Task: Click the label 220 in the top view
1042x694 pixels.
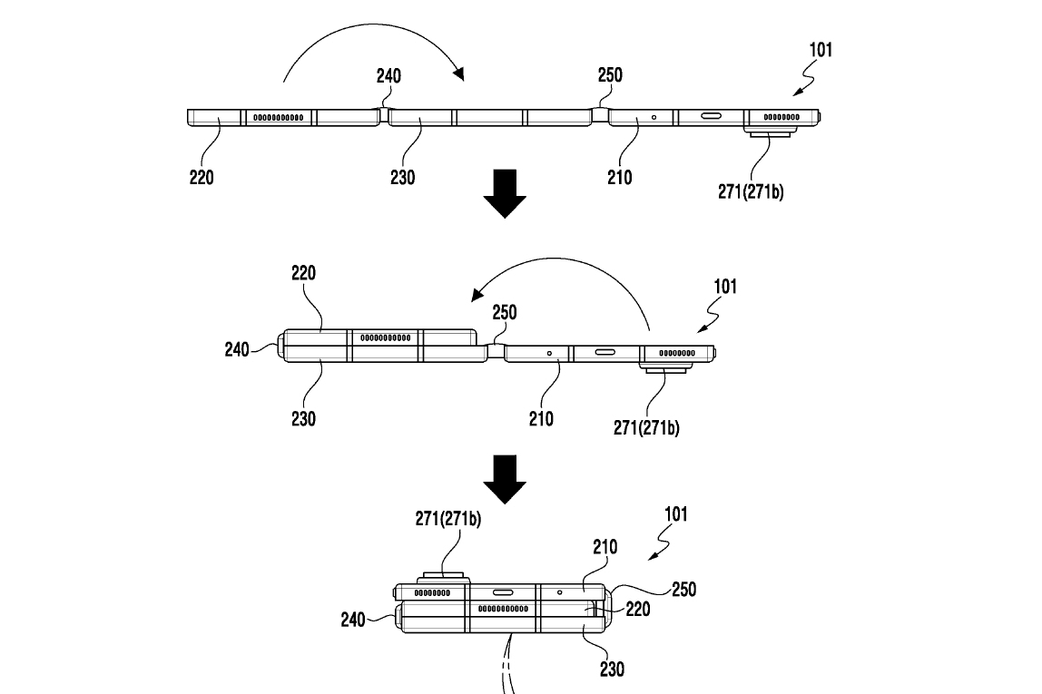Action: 202,177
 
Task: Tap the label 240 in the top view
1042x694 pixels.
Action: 388,76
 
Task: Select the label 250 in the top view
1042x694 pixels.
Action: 610,74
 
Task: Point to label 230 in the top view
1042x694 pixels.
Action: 402,177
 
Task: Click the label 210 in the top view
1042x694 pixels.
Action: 620,177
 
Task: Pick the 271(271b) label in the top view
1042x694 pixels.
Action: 749,191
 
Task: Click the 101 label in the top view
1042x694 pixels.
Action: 820,50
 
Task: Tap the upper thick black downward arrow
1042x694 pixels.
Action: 504,192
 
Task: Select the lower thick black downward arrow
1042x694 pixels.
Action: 504,478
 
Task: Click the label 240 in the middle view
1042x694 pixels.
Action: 238,348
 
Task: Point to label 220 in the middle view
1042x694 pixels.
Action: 304,273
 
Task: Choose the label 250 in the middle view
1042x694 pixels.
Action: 505,312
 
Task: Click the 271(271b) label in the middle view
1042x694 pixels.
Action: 645,428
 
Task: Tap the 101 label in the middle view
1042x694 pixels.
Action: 724,288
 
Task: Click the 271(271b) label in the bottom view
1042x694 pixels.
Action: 448,519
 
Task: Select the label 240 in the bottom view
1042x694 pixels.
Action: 352,620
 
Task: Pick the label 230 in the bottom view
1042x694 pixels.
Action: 613,670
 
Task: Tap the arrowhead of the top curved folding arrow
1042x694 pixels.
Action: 459,73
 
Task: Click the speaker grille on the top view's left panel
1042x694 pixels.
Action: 277,117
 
